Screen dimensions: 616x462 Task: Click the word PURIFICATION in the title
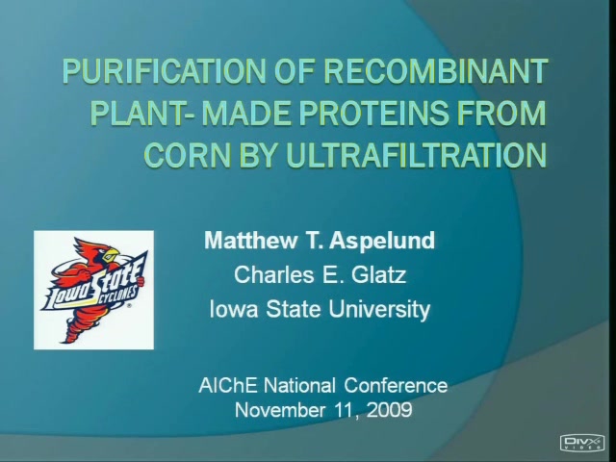(166, 71)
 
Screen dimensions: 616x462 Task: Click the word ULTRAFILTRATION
(417, 154)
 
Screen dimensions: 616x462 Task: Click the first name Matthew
(250, 240)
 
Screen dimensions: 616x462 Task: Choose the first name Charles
(273, 274)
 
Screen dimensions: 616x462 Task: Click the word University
(379, 309)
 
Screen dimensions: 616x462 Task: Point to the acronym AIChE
(228, 385)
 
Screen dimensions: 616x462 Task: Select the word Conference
(396, 385)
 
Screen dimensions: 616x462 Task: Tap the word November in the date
(280, 410)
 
